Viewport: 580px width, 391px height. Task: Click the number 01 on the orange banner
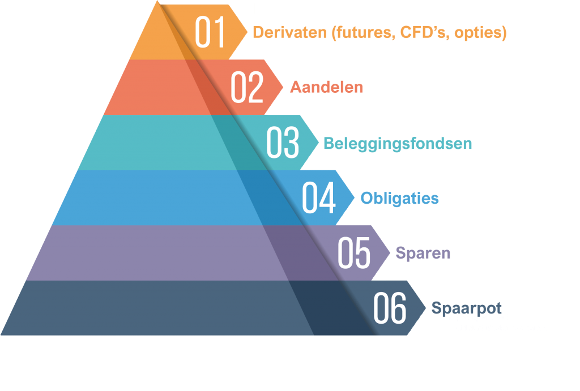(210, 33)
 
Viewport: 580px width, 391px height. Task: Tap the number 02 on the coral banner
(247, 88)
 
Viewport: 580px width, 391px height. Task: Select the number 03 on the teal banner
(283, 143)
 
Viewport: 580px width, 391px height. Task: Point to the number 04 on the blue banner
(318, 198)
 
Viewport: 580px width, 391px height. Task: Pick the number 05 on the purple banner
(354, 253)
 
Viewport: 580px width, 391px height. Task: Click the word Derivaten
(288, 33)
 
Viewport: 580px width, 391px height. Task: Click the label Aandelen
(326, 88)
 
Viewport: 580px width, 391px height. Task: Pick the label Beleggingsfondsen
(398, 144)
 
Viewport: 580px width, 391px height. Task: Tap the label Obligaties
(400, 199)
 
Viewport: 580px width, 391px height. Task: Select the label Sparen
(423, 253)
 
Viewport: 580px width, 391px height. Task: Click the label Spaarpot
(467, 308)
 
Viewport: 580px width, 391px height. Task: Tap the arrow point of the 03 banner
(319, 142)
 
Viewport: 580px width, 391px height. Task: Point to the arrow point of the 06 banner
(426, 308)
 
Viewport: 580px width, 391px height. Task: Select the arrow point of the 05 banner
(390, 252)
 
